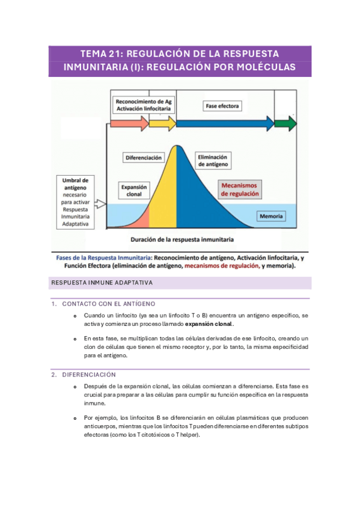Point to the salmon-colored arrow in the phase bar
(x=129, y=124)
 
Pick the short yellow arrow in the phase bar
(x=162, y=124)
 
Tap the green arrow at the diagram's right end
(x=285, y=124)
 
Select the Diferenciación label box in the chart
(x=144, y=158)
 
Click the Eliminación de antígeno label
(x=213, y=161)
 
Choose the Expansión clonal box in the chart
(x=134, y=191)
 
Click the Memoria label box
(x=272, y=216)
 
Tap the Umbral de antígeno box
(x=76, y=202)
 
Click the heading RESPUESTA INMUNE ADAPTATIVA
(x=102, y=282)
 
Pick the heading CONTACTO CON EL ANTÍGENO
(x=108, y=304)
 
